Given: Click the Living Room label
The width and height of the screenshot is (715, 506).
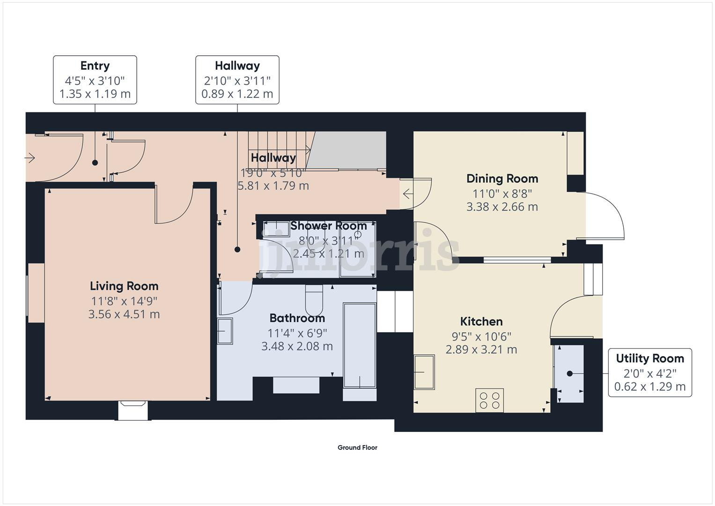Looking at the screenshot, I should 124,286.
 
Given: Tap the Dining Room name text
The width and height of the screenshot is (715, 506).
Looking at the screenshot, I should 502,179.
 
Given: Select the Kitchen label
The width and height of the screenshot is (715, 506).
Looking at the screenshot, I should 481,321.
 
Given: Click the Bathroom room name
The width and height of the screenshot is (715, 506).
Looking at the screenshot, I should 297,318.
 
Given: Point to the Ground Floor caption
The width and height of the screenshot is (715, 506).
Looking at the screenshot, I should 357,447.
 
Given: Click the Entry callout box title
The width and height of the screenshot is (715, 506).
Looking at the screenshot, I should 95,66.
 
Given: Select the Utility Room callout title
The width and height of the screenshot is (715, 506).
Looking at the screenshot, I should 649,358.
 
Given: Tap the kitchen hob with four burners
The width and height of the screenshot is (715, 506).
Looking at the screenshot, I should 489,400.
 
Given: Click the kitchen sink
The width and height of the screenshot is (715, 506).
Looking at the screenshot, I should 424,372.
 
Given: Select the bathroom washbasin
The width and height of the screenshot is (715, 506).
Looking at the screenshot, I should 225,331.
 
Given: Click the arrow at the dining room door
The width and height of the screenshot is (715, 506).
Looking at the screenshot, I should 407,193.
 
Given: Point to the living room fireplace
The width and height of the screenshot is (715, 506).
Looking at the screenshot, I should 133,410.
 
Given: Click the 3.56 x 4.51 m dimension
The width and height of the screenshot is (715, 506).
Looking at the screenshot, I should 124,314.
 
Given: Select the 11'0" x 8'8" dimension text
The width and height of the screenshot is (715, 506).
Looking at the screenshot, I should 502,193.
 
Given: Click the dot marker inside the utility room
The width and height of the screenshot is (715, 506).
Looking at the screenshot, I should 570,373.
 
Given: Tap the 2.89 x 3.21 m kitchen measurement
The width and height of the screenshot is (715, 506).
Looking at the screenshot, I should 481,350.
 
